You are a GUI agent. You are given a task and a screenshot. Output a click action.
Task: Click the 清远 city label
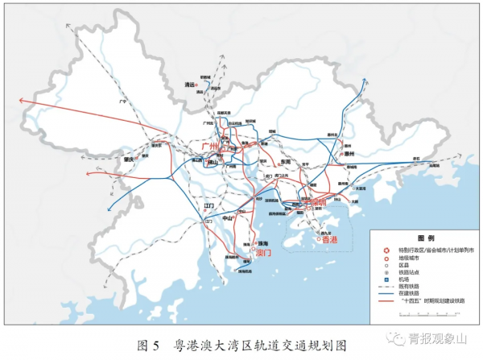coord(190,83)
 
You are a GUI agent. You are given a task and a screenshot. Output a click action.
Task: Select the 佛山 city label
coord(212,162)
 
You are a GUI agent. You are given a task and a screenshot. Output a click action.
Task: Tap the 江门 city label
coord(209,206)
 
